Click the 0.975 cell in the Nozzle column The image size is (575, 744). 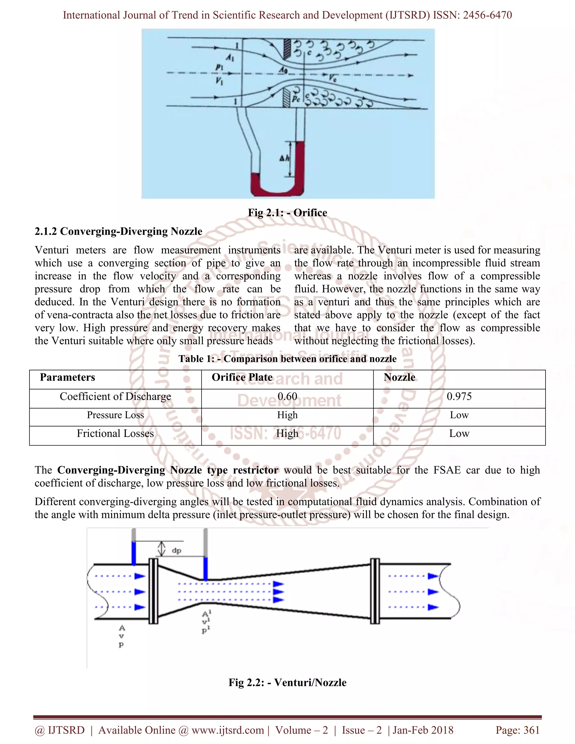[459, 396]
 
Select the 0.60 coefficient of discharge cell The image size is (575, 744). [287, 396]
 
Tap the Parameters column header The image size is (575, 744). [67, 377]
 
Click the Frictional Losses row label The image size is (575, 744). [115, 434]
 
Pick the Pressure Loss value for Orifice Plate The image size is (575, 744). [287, 415]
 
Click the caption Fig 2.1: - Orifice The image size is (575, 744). [287, 213]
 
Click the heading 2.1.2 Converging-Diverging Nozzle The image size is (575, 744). [118, 231]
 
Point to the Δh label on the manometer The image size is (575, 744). [284, 158]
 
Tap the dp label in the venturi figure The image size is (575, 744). [176, 551]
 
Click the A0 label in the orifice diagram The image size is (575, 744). [283, 70]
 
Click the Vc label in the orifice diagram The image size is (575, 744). [332, 78]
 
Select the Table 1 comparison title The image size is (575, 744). [287, 359]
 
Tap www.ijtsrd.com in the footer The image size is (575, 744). [227, 730]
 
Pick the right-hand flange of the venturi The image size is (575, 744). [375, 591]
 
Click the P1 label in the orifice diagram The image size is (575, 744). [219, 67]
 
